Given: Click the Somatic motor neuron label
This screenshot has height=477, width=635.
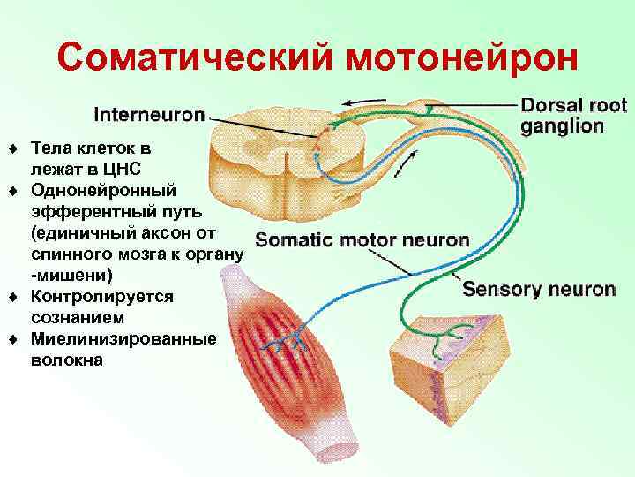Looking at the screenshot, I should tap(362, 239).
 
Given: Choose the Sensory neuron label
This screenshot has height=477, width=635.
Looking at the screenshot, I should tap(539, 289).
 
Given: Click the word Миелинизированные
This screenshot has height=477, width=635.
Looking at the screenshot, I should tap(123, 338).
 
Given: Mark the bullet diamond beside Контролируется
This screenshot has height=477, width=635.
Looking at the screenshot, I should tap(14, 296).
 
